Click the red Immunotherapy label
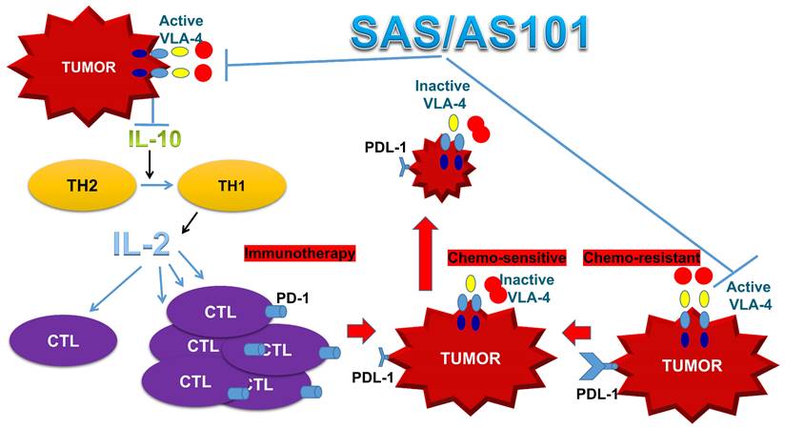(x=299, y=254)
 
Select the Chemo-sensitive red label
(x=507, y=257)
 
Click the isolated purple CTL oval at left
(x=64, y=338)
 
